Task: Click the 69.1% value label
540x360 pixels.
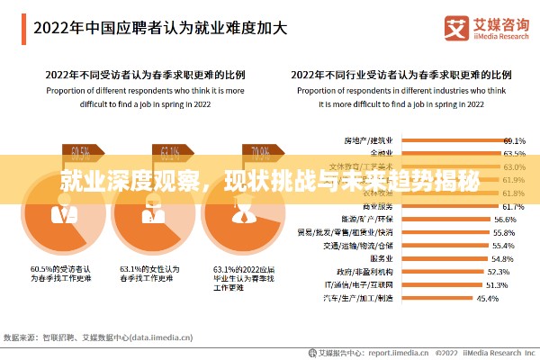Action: click(514, 141)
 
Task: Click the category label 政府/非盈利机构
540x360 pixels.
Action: click(364, 271)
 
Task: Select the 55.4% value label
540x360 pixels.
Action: click(503, 245)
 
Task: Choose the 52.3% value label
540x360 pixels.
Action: click(498, 271)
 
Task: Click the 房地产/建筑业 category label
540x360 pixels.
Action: click(368, 141)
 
